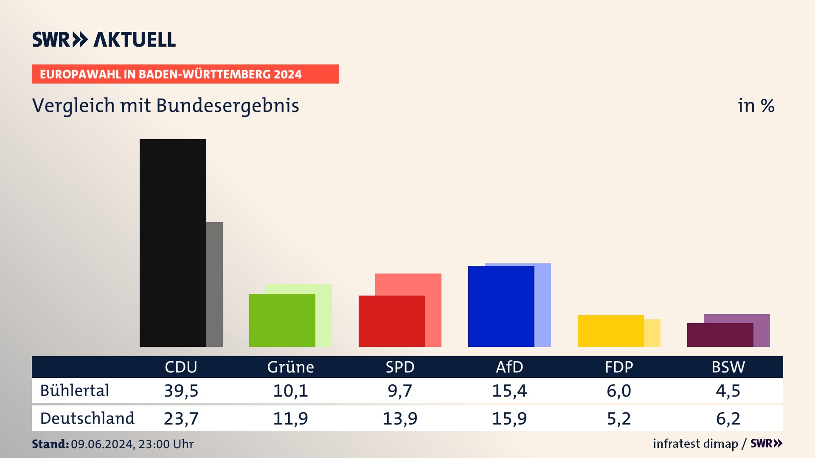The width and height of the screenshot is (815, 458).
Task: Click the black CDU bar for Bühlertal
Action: click(x=173, y=243)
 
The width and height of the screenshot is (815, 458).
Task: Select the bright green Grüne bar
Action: click(x=282, y=320)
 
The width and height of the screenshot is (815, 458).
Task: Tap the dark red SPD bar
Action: click(x=391, y=321)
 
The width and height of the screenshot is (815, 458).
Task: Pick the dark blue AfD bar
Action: click(x=501, y=306)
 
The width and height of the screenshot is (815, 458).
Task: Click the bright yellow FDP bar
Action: click(x=610, y=331)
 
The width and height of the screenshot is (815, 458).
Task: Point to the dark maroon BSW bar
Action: click(x=720, y=335)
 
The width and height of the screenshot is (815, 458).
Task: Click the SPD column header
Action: click(x=400, y=367)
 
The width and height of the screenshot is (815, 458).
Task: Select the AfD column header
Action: click(x=509, y=367)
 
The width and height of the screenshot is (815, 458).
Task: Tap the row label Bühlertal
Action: click(x=75, y=391)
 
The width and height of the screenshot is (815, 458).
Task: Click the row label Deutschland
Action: click(x=87, y=419)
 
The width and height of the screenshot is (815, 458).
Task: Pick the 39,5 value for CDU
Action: click(x=181, y=391)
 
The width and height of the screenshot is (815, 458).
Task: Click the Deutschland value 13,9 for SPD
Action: click(x=400, y=419)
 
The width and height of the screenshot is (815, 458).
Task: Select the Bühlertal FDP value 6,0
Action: click(x=619, y=391)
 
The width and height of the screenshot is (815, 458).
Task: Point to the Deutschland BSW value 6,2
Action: click(x=728, y=419)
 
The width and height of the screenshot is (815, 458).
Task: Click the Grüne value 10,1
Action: click(x=290, y=391)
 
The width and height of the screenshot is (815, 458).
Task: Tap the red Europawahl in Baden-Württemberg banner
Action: click(x=185, y=74)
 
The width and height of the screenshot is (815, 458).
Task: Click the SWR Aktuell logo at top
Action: click(x=104, y=39)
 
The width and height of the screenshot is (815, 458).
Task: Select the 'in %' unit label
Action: click(x=756, y=106)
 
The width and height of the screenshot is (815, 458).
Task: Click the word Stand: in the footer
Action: click(x=50, y=444)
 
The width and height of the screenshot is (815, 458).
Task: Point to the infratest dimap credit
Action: click(x=695, y=444)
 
